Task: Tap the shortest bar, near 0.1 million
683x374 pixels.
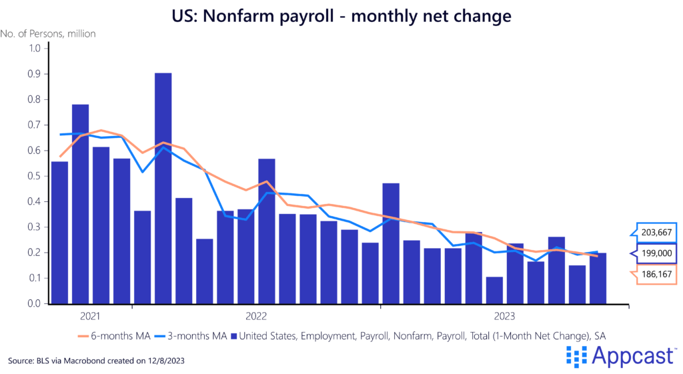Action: [x=494, y=290]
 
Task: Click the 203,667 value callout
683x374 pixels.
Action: [x=656, y=233]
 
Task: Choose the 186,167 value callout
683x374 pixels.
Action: [x=656, y=275]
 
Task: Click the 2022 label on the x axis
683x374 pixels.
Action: [x=256, y=315]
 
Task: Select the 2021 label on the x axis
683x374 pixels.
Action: [x=91, y=315]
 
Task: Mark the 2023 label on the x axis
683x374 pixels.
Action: [x=504, y=315]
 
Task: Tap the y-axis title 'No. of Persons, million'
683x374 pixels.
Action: [x=48, y=33]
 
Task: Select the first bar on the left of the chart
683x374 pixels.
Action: [x=60, y=233]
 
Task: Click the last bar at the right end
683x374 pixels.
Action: [x=598, y=278]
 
